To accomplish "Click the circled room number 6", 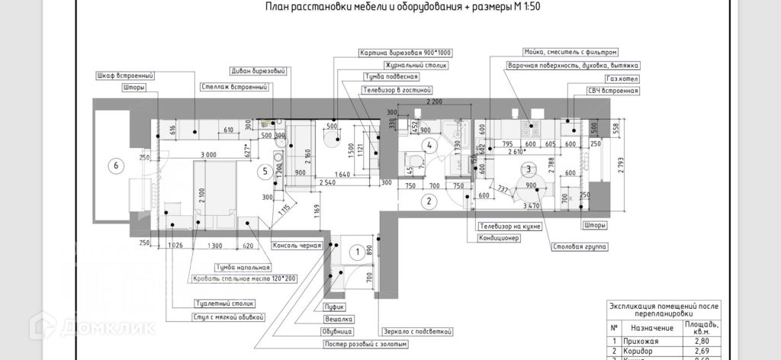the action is tap(116, 165).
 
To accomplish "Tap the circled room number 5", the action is tap(265, 171).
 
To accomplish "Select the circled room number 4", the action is tap(430, 145).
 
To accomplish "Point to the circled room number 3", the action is tap(528, 170).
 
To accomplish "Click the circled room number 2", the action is tap(429, 201).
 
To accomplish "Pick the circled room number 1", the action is tap(356, 251).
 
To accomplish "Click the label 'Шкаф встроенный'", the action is tap(126, 76).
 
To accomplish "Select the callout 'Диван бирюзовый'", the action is tap(258, 71).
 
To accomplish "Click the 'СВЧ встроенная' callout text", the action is tap(612, 91).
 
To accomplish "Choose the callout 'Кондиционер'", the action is tap(499, 238).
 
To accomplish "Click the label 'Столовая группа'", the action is tap(578, 247).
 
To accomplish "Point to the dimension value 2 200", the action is tap(435, 101).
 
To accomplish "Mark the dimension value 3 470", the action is tap(529, 206).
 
